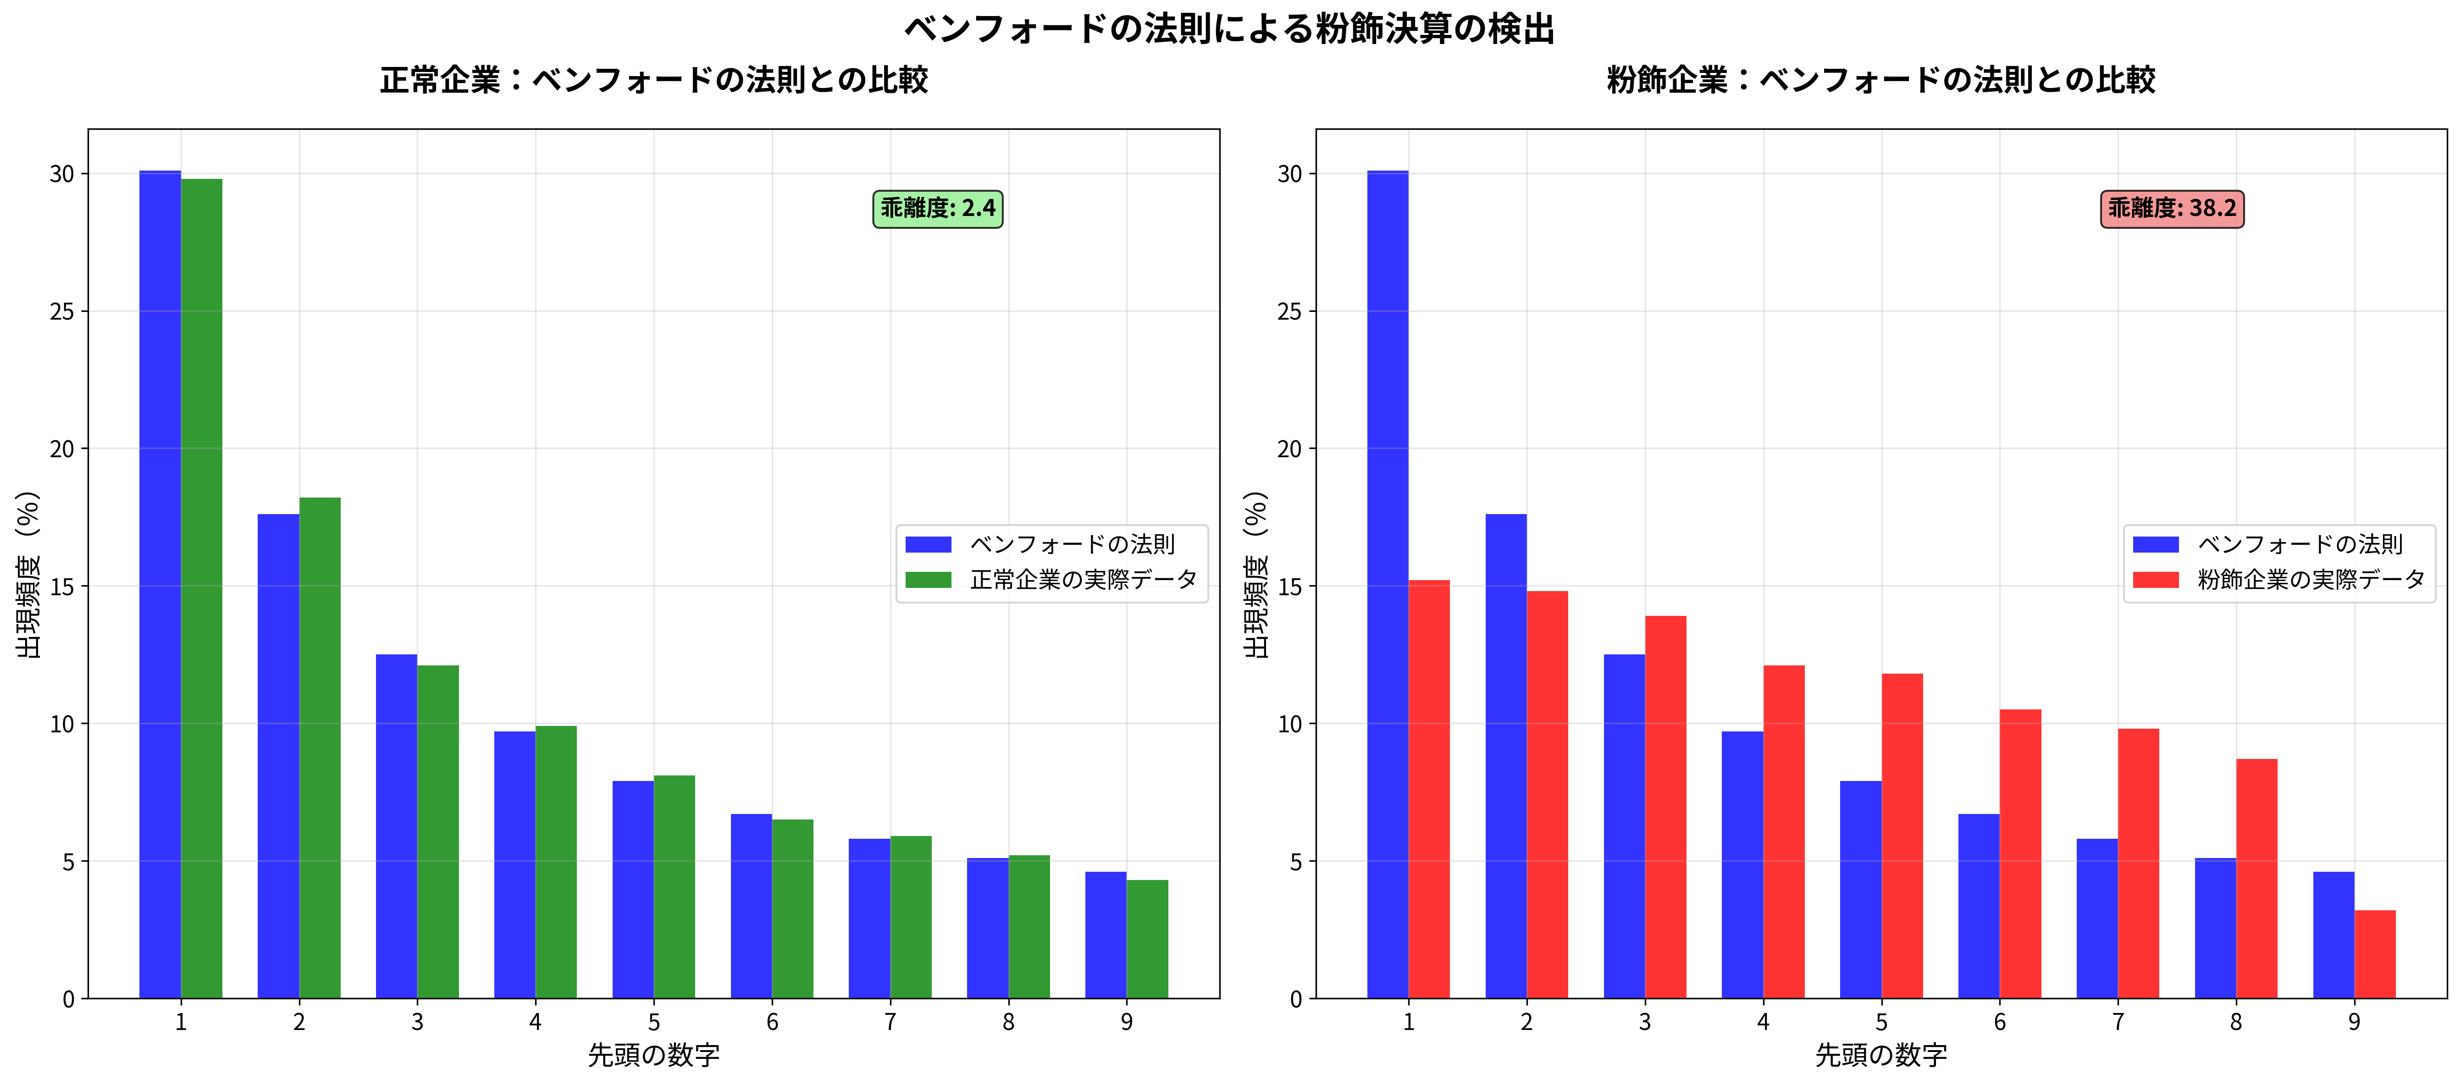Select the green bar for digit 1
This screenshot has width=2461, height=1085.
(x=202, y=587)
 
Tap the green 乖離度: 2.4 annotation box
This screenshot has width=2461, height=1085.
(x=937, y=208)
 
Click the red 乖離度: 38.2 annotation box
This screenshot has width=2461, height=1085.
(x=2172, y=208)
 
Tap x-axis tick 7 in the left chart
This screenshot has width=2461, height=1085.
(x=890, y=1022)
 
